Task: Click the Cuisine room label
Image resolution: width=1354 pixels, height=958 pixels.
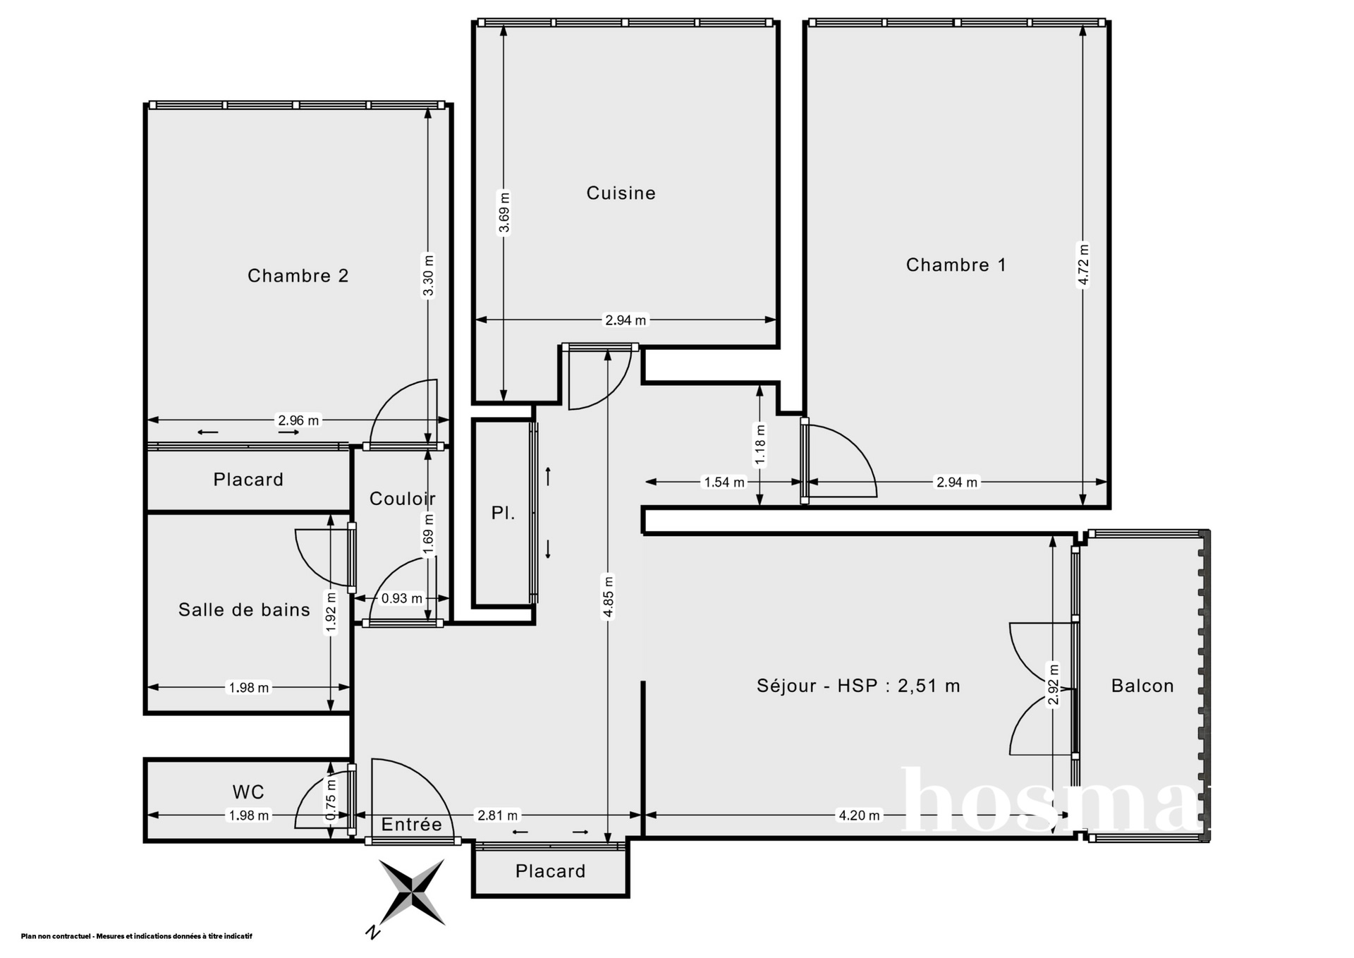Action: pos(621,193)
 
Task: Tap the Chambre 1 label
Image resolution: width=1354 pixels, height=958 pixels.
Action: pos(956,265)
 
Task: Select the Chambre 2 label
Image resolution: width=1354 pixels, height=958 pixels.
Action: pos(298,275)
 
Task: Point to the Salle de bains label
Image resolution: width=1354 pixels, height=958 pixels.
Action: pos(244,610)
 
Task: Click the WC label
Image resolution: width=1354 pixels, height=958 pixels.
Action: pos(248,792)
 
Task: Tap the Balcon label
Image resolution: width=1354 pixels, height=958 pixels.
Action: pos(1142,686)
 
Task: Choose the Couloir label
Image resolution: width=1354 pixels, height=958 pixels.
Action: pos(402,499)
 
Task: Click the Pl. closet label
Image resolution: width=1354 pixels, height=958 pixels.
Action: pos(503,514)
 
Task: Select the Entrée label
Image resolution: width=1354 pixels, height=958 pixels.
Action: pos(411,824)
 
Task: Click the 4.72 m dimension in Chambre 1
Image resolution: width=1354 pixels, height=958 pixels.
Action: pos(1084,265)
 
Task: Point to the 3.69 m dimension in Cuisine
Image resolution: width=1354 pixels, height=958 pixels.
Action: pos(504,212)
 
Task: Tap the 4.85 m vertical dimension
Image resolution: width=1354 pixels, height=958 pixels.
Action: pos(609,597)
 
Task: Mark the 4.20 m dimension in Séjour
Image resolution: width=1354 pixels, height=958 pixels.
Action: pos(859,815)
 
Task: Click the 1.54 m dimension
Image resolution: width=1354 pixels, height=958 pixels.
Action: pos(724,483)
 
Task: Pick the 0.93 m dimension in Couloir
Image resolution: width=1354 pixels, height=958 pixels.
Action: pos(401,598)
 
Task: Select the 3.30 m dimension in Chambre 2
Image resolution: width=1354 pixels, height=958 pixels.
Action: pos(428,276)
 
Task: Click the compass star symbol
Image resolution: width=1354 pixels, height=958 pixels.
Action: pos(412,892)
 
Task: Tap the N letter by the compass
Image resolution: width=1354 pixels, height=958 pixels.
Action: pos(373,933)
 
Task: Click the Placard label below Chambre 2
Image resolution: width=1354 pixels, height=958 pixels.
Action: pos(248,480)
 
